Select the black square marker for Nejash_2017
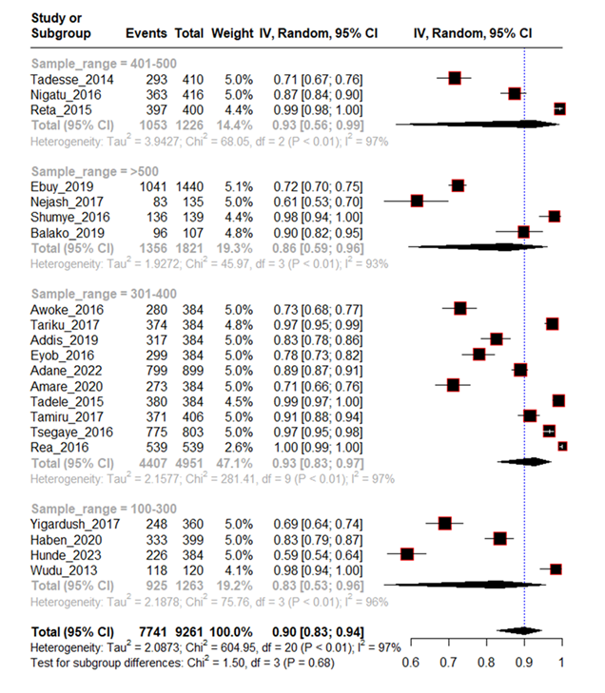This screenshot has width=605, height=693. (417, 201)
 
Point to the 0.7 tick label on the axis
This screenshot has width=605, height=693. (449, 663)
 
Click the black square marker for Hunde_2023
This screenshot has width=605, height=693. (407, 553)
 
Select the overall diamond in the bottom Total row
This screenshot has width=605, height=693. (522, 631)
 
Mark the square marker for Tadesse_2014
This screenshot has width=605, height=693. (454, 77)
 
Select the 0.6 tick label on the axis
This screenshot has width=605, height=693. (411, 663)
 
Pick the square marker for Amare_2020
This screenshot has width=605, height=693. (453, 384)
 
